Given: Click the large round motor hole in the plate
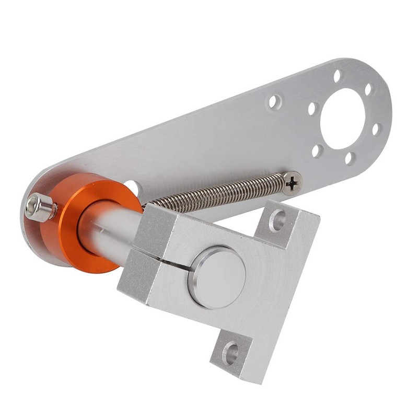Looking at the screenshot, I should click(x=343, y=119).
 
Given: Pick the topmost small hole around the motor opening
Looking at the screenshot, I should click(x=338, y=76).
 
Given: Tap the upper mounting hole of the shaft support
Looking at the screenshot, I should click(x=277, y=219).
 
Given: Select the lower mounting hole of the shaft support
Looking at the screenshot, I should click(x=230, y=353).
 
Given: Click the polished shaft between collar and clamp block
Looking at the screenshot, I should click(x=112, y=230).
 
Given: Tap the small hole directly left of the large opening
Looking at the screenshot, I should click(x=312, y=109).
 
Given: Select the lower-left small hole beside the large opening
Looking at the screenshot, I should click(x=317, y=150).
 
